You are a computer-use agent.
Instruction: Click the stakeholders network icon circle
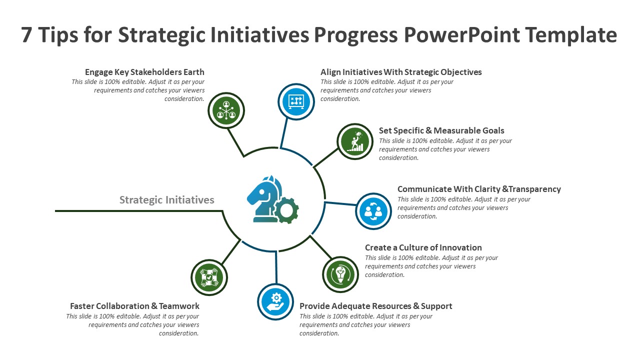[x=226, y=110]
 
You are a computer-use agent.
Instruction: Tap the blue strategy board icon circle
[x=296, y=101]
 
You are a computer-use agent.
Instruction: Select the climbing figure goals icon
[x=355, y=141]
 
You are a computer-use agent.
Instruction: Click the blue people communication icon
[x=373, y=211]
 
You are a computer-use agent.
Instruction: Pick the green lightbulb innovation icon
[x=340, y=274]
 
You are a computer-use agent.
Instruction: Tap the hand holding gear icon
[x=275, y=301]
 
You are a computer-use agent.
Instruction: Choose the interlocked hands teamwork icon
[x=209, y=277]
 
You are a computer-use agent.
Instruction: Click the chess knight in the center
[x=264, y=199]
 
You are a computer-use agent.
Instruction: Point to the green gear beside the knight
[x=286, y=210]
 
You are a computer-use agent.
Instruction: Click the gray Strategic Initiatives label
[x=166, y=199]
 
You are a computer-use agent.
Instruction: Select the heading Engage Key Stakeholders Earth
[x=144, y=72]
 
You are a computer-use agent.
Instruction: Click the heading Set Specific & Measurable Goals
[x=441, y=130]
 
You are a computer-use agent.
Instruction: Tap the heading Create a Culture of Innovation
[x=423, y=247]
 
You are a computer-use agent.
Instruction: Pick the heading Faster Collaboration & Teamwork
[x=134, y=306]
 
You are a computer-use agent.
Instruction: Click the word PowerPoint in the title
[x=462, y=35]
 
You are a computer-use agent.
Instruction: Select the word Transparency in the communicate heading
[x=534, y=189]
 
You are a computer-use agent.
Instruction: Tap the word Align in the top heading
[x=330, y=72]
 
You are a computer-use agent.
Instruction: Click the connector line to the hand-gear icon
[x=276, y=267]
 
